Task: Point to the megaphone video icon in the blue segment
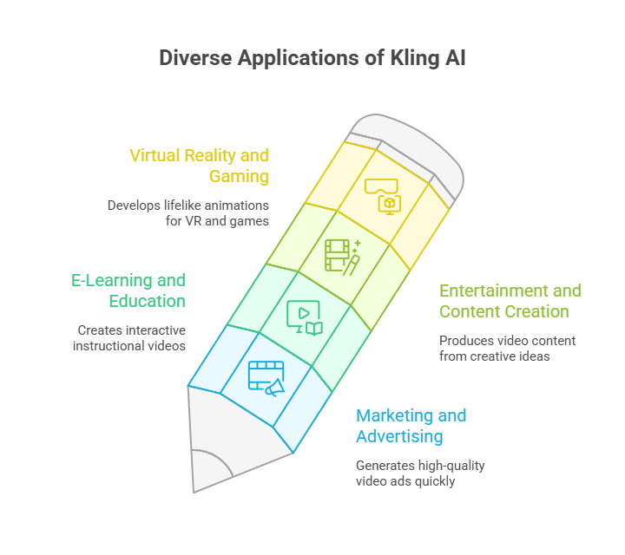pos(266,378)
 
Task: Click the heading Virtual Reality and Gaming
pos(199,166)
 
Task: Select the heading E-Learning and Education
pos(128,291)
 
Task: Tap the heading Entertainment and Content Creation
pos(510,301)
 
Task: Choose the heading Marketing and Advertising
pos(411,426)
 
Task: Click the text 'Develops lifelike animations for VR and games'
pos(187,213)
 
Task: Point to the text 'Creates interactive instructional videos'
pos(131,338)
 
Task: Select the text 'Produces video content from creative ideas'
pos(507,349)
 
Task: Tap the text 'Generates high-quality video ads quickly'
pos(420,473)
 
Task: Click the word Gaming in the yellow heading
pos(239,176)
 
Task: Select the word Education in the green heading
pos(148,301)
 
